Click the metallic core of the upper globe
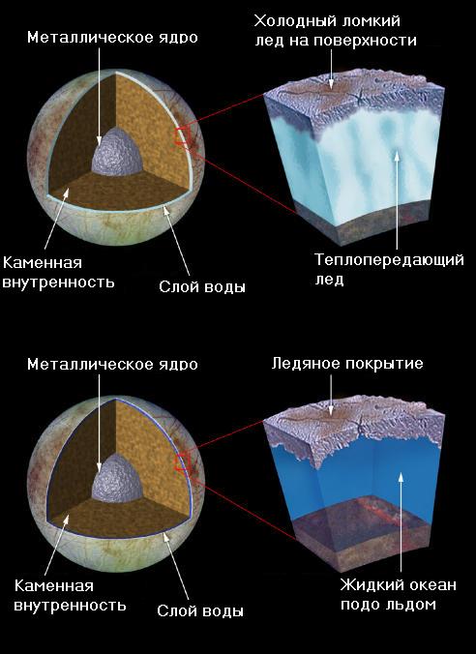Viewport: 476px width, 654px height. coord(117,152)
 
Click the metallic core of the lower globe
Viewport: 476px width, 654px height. coord(117,479)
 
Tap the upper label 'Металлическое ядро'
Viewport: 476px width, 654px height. coord(112,38)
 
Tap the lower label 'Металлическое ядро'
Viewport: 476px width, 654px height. coord(112,364)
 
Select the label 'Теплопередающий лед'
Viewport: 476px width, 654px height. coord(389,270)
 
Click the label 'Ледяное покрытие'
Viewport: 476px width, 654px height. coord(347,364)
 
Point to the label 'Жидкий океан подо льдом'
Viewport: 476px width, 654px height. coord(398,594)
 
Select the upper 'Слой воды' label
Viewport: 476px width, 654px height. coord(202,287)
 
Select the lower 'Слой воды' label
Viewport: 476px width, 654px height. coord(200,611)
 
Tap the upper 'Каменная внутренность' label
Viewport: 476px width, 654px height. coord(58,273)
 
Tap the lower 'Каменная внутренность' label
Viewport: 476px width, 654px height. coord(70,596)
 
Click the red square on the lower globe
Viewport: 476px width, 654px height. coord(183,463)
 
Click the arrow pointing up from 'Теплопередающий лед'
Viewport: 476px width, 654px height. coord(397,200)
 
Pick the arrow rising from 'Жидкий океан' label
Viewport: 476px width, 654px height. coord(401,522)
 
